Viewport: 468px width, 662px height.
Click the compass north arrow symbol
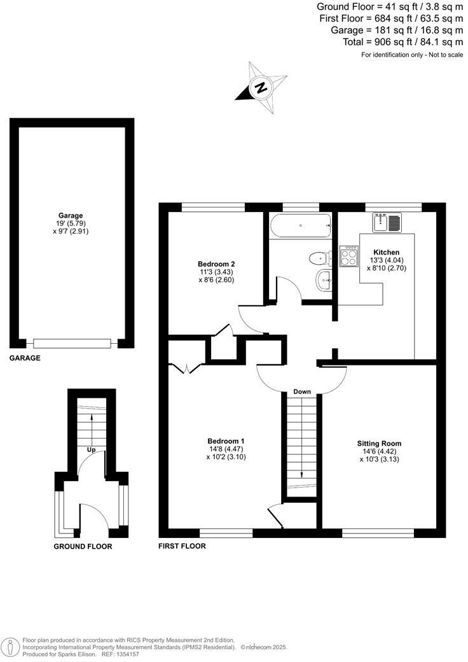tap(261, 87)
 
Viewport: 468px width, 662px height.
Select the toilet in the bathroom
tap(319, 258)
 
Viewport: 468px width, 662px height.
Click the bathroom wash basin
tap(324, 279)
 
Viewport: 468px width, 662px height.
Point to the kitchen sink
tap(388, 223)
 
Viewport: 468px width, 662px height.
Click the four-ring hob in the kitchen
tap(349, 257)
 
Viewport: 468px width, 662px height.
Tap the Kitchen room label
tap(387, 252)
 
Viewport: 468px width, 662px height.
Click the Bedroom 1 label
tap(226, 441)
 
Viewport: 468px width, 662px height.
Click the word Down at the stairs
tap(301, 391)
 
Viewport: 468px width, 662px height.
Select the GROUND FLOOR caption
tap(83, 546)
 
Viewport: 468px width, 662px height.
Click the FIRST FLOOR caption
tap(182, 546)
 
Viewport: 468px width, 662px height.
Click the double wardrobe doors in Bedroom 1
tap(183, 368)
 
